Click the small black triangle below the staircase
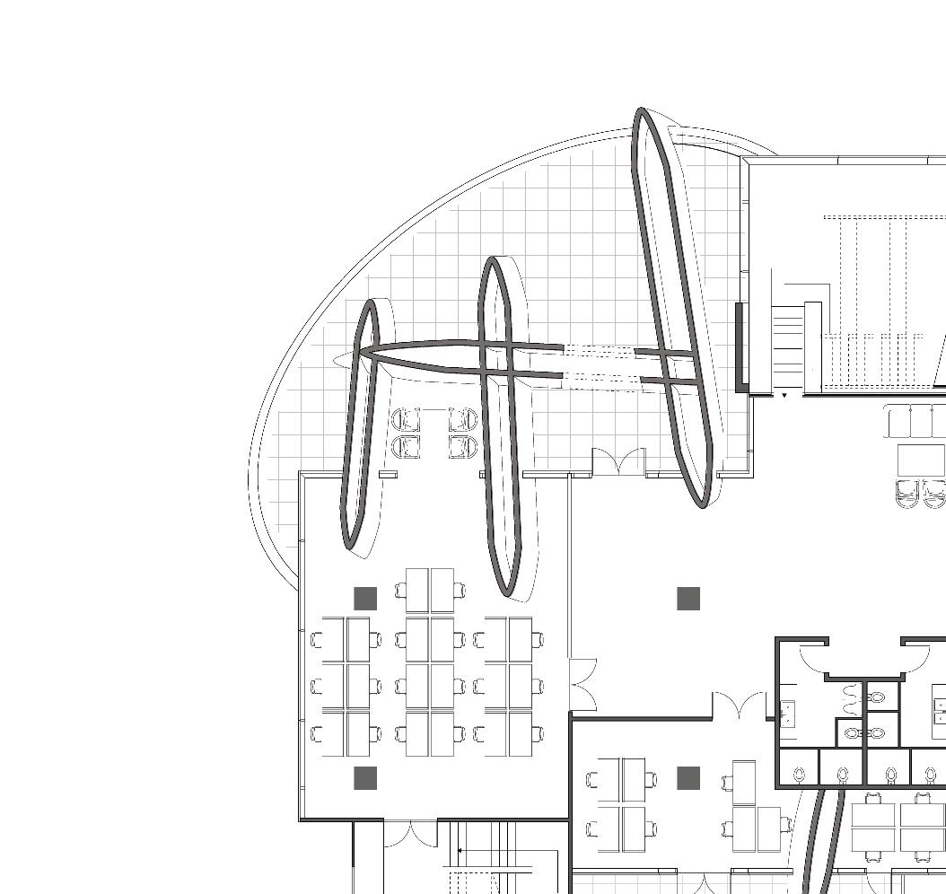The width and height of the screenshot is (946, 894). click(x=784, y=395)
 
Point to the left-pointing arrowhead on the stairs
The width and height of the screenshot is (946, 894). click(x=460, y=850)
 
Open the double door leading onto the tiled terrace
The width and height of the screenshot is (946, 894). click(x=618, y=461)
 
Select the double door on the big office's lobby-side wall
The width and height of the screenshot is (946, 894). click(x=581, y=686)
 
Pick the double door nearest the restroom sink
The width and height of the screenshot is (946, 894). click(x=739, y=706)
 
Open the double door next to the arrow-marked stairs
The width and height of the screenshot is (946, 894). click(x=410, y=833)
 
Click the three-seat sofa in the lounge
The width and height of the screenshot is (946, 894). click(x=915, y=421)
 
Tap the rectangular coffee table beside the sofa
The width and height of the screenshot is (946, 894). click(x=921, y=460)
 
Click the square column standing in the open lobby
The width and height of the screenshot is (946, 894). click(x=688, y=599)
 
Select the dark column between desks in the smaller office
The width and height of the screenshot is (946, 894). click(x=688, y=778)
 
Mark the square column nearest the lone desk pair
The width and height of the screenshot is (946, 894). click(x=365, y=599)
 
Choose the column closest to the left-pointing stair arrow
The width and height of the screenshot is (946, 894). click(x=365, y=778)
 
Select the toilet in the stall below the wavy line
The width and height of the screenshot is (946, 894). click(x=844, y=773)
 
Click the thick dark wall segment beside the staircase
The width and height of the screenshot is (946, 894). click(x=740, y=346)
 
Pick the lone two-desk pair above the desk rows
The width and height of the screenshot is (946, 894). click(x=430, y=590)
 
